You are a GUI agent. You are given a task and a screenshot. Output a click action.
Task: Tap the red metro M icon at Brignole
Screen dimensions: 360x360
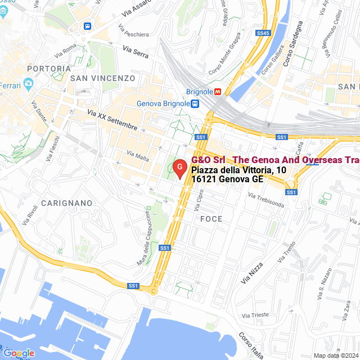tap(225, 92)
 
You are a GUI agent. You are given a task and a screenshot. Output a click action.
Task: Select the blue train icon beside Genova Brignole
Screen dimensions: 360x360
tap(195, 103)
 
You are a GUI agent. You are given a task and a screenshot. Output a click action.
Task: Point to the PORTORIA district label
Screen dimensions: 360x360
tap(48, 68)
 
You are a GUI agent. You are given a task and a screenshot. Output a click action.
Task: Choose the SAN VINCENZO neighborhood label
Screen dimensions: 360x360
tap(103, 78)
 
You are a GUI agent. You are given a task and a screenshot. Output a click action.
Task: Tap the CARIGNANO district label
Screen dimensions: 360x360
tap(66, 202)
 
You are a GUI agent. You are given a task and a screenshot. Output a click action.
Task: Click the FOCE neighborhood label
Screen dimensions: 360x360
tap(211, 219)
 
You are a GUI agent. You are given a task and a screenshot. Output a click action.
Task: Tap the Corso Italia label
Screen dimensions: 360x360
tap(250, 345)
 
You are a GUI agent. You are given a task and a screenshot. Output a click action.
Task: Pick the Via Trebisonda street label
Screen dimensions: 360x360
tap(266, 200)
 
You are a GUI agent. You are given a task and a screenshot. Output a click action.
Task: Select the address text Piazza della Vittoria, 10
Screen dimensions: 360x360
tap(238, 170)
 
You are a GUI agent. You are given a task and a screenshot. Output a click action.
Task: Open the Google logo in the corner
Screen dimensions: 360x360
tap(19, 353)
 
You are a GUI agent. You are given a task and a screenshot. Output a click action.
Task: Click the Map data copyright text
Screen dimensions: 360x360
tap(335, 355)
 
